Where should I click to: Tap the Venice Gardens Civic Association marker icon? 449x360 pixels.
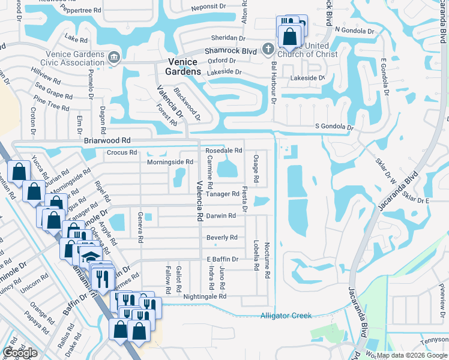pos(113,58)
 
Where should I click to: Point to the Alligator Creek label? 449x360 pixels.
pos(286,316)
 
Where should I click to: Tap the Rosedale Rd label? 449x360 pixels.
pos(224,150)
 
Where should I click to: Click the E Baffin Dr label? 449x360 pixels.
pos(223,259)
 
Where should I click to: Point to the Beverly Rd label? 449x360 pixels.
pos(221,238)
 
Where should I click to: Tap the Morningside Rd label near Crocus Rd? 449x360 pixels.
pos(170,162)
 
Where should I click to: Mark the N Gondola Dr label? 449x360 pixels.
pos(354,30)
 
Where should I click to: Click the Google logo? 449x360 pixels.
pos(20,353)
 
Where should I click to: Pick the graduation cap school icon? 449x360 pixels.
pos(91,257)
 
